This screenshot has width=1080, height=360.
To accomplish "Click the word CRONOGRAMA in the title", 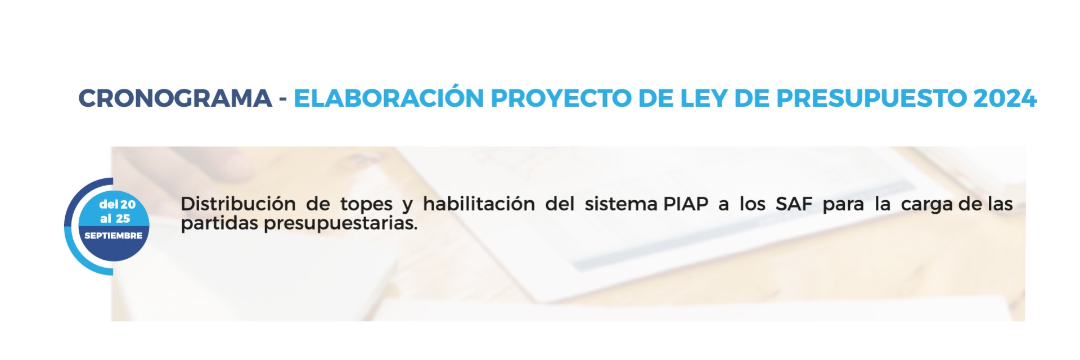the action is pos(175,98).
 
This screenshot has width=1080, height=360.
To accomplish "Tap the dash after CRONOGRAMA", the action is pos(283,100).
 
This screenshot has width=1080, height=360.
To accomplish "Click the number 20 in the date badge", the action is pos(128,205).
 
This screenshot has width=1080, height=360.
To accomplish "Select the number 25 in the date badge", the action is pos(123,218).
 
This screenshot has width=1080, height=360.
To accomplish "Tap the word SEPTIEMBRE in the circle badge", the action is pos(113,236).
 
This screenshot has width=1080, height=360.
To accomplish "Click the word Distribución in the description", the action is pos(238,204).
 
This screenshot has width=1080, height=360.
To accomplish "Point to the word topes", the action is pos(366,205).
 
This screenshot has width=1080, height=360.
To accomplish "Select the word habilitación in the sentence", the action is pos(479,204).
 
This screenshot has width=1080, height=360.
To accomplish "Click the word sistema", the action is pos(621,204).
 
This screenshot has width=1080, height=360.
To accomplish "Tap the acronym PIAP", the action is pos(686,204).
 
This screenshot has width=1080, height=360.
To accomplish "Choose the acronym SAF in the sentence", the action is pos(794,204).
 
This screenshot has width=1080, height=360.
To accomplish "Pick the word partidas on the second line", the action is pos(219,223).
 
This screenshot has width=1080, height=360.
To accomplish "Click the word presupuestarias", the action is pos(340,223).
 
